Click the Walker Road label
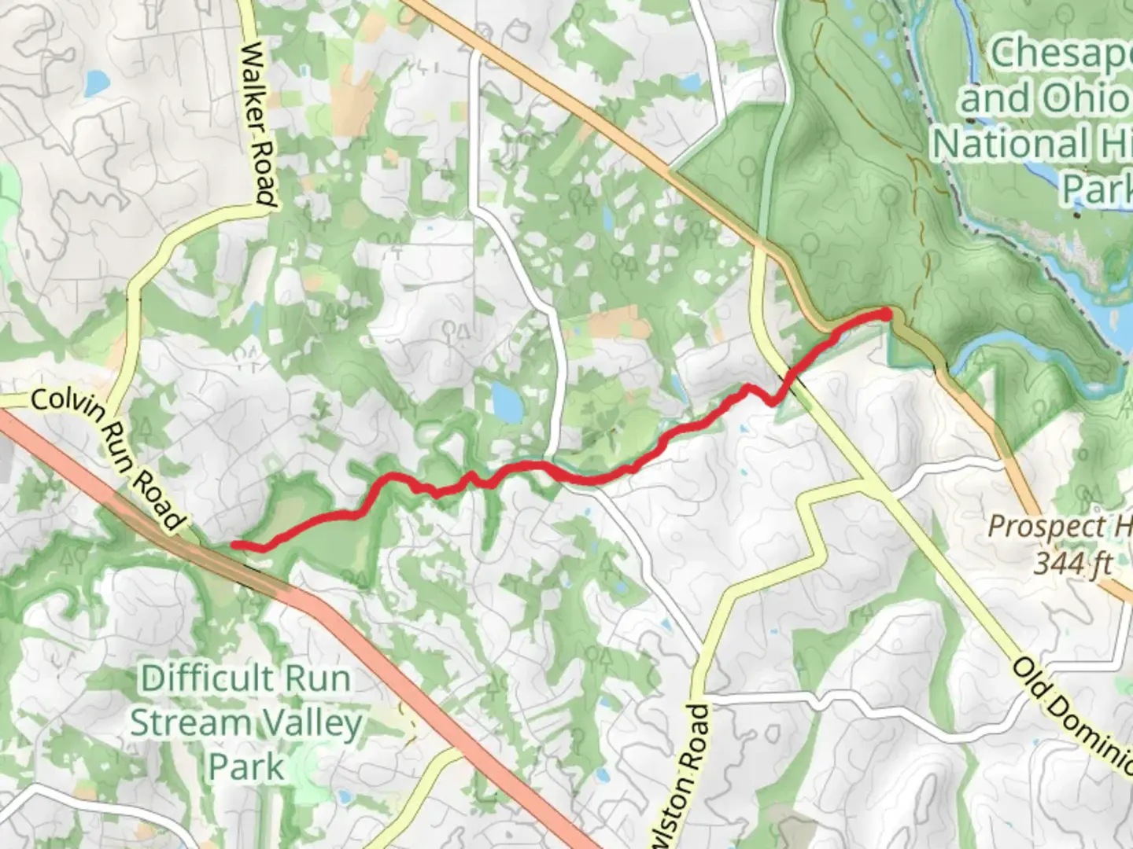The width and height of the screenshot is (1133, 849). pyautogui.click(x=259, y=124)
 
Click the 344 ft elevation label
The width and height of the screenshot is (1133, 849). pyautogui.click(x=1073, y=563)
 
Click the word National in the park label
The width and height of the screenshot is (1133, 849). pyautogui.click(x=1009, y=144)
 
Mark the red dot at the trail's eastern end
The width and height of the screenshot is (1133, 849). pyautogui.click(x=886, y=314)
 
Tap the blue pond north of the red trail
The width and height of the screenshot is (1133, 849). pyautogui.click(x=506, y=402)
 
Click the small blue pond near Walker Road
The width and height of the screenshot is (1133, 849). pyautogui.click(x=97, y=81)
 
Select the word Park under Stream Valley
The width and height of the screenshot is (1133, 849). pyautogui.click(x=245, y=766)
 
